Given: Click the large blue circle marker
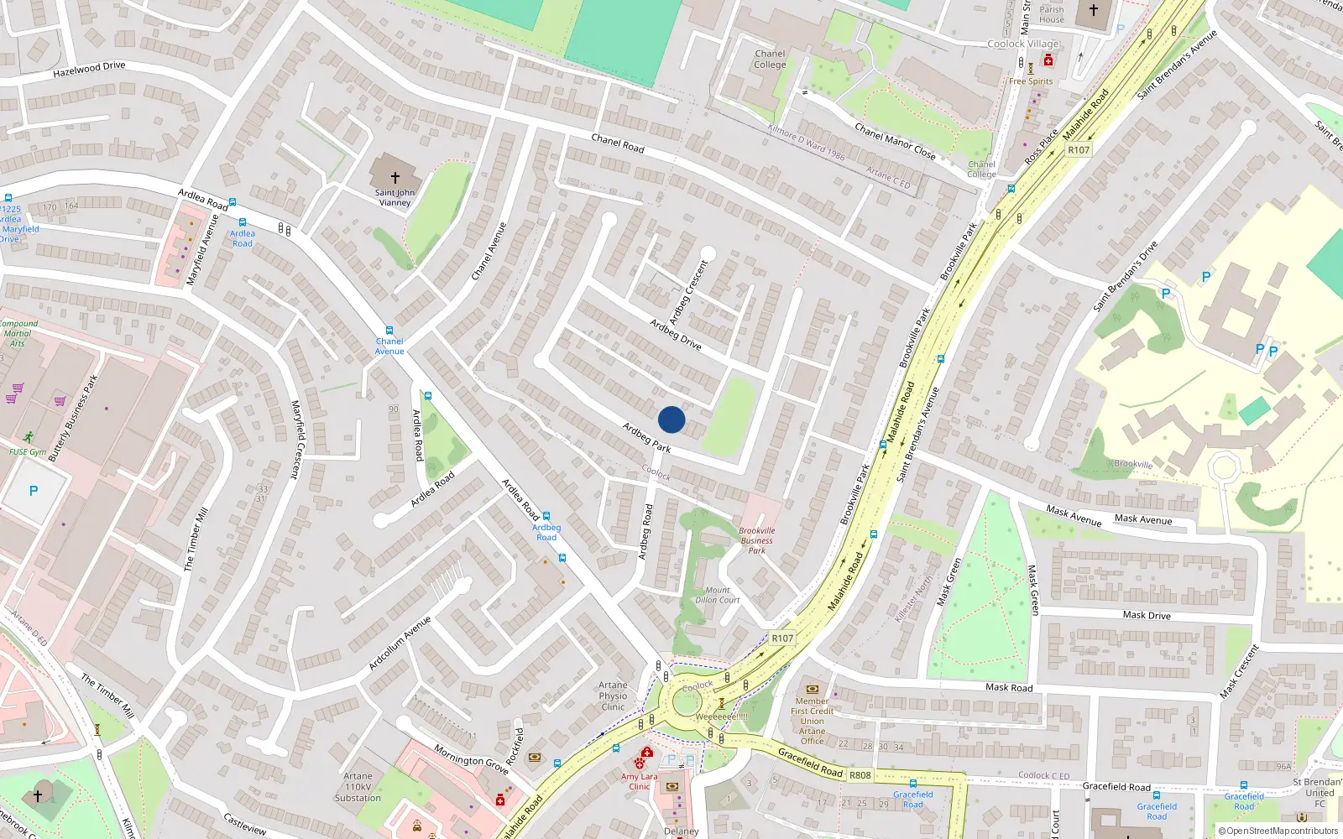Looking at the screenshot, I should click(x=671, y=419).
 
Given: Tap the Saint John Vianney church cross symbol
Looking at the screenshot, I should click(x=395, y=178).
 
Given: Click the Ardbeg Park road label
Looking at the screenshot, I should click(x=646, y=437).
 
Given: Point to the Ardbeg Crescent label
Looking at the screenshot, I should click(x=689, y=292).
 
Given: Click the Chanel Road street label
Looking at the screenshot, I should click(x=618, y=143).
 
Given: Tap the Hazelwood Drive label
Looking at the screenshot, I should click(x=89, y=69).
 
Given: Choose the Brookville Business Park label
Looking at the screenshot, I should click(x=757, y=540).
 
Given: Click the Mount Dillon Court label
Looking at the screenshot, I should click(x=718, y=595).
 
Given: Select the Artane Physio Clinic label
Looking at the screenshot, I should click(x=613, y=696).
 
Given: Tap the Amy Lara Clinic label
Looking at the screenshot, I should click(x=640, y=781).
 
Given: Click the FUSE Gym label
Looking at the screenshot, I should click(x=28, y=452).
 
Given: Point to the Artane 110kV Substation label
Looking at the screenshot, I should click(x=358, y=787).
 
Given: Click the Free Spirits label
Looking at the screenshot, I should click(x=1031, y=81).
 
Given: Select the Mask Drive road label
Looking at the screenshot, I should click(x=1147, y=615).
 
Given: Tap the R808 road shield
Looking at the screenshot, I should click(x=860, y=775).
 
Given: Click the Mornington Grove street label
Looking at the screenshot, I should click(x=472, y=758).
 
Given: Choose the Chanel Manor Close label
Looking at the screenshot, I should click(x=895, y=140).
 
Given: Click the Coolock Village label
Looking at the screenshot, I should click(x=1023, y=44).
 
